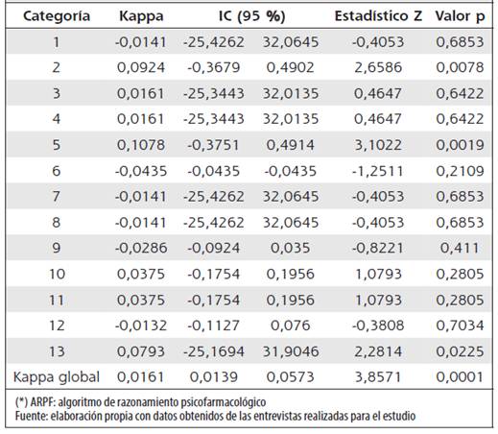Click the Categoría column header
(57, 16)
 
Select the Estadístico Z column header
(378, 15)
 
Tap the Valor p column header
(460, 16)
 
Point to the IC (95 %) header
(251, 16)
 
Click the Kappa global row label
(57, 377)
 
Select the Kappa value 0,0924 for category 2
(141, 67)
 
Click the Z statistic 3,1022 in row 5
(378, 145)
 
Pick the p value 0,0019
(460, 145)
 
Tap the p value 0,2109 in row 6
(460, 171)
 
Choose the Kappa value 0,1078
(141, 145)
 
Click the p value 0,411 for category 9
(460, 248)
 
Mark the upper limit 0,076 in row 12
(291, 325)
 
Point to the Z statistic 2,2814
(378, 351)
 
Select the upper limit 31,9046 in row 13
(291, 351)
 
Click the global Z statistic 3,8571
(378, 377)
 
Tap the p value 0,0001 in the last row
(460, 377)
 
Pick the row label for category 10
(57, 274)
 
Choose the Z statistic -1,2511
(378, 171)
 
